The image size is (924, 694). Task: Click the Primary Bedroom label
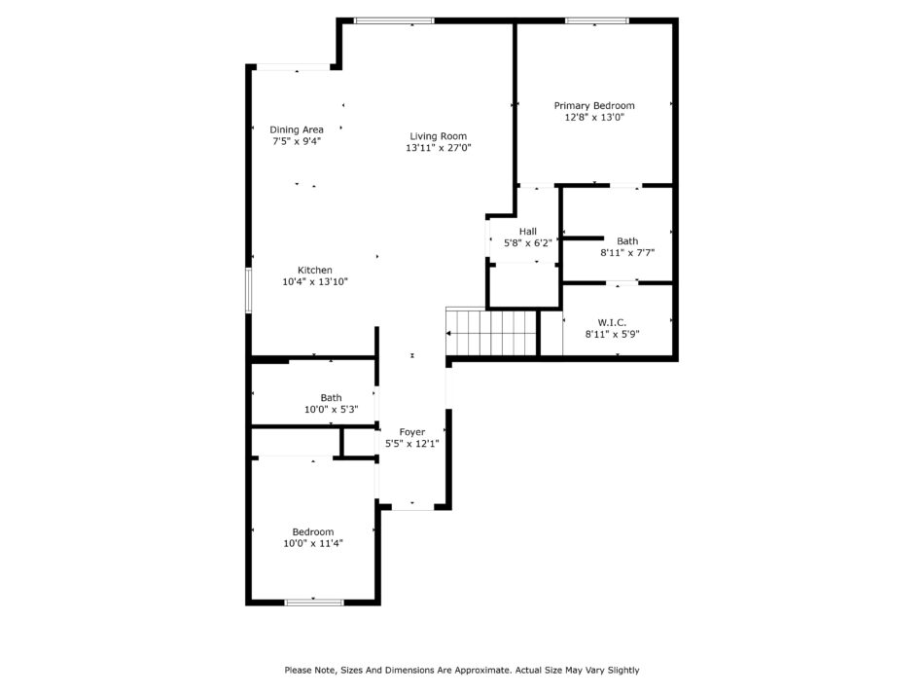pyautogui.click(x=594, y=105)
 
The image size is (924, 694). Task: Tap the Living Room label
pyautogui.click(x=439, y=136)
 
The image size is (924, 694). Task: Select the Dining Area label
pyautogui.click(x=297, y=129)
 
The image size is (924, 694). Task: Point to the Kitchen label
pyautogui.click(x=315, y=270)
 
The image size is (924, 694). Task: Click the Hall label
pyautogui.click(x=528, y=231)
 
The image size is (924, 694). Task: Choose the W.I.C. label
pyautogui.click(x=612, y=322)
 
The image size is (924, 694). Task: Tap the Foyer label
pyautogui.click(x=412, y=432)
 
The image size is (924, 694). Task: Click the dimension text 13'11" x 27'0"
pyautogui.click(x=439, y=148)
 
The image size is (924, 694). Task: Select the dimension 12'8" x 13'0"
pyautogui.click(x=594, y=118)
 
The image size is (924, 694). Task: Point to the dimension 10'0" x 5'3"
pyautogui.click(x=331, y=409)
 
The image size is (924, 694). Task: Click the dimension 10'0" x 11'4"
pyautogui.click(x=313, y=544)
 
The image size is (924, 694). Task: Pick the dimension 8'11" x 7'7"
pyautogui.click(x=627, y=253)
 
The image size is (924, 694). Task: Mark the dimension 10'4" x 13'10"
pyautogui.click(x=315, y=282)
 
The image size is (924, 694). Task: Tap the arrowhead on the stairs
pyautogui.click(x=448, y=333)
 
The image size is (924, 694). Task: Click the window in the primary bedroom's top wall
pyautogui.click(x=597, y=20)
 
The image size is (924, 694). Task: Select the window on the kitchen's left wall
pyautogui.click(x=249, y=290)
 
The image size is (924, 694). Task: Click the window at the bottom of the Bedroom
pyautogui.click(x=314, y=602)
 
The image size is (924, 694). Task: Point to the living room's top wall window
pyautogui.click(x=394, y=20)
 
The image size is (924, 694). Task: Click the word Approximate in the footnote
pyautogui.click(x=480, y=671)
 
